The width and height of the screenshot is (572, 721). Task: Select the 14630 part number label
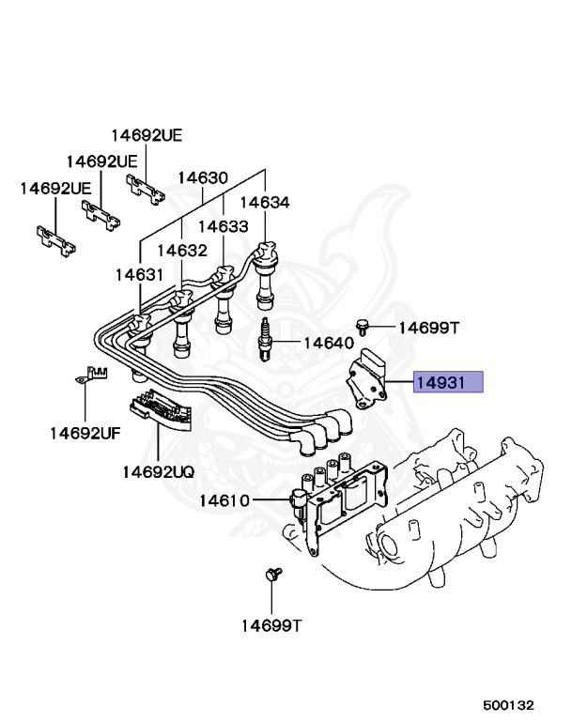tap(204, 177)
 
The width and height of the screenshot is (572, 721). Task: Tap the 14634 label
tap(264, 202)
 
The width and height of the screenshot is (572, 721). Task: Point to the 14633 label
tap(223, 226)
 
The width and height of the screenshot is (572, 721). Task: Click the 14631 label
tap(140, 274)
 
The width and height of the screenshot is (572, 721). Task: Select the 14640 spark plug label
tap(328, 343)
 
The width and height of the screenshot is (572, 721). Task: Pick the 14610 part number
tap(224, 500)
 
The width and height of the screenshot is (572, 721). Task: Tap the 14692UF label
tap(85, 433)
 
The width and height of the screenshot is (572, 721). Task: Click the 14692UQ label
tap(157, 470)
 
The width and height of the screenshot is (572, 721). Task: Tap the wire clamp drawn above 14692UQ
tap(159, 414)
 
